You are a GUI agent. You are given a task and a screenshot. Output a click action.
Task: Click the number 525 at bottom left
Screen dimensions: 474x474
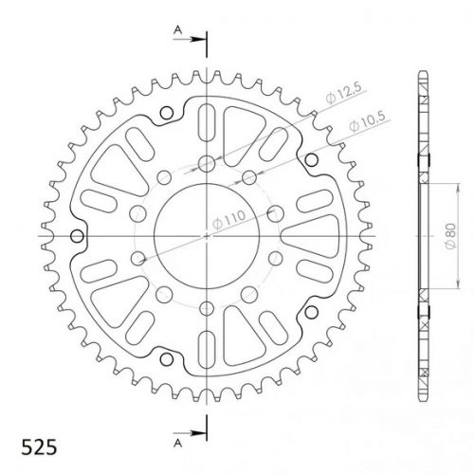39,447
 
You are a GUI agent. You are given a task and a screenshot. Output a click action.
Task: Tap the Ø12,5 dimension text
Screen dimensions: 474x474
344,93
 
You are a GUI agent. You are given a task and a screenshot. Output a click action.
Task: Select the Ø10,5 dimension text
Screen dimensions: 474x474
368,121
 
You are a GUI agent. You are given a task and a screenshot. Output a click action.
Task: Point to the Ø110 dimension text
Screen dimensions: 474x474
228,220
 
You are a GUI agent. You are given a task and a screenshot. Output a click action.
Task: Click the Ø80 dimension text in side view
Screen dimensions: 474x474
450,236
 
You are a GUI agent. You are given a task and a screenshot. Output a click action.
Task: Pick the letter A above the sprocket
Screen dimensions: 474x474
178,30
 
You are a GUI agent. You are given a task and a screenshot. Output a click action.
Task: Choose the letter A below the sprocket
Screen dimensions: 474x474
178,444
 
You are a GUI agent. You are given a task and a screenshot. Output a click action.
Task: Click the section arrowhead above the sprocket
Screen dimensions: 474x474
198,40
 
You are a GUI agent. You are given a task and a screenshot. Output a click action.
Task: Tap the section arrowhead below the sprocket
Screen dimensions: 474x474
198,433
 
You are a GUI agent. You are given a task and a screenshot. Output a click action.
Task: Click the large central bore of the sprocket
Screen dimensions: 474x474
207,236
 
